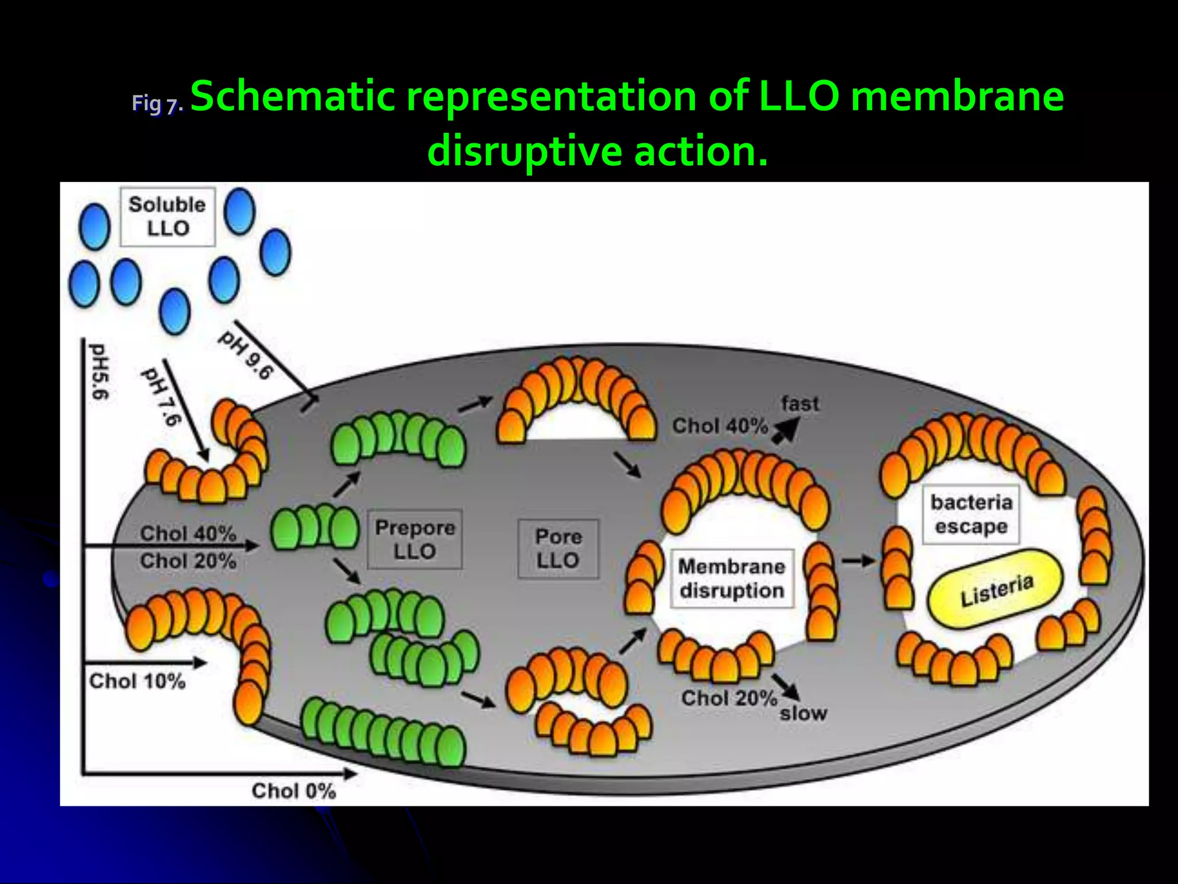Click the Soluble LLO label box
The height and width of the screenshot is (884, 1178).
tap(167, 217)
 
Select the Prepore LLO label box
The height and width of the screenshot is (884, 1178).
tap(415, 539)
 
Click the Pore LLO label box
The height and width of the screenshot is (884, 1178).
tap(558, 548)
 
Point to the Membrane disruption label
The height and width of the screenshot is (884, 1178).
tap(732, 578)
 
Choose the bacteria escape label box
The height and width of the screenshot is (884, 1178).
tap(971, 515)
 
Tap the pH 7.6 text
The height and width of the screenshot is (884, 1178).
tap(162, 396)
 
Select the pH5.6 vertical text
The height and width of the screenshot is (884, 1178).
tap(98, 372)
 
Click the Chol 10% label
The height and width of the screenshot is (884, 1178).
tap(137, 681)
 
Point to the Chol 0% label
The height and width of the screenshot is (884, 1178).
tap(293, 791)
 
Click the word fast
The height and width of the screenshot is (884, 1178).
tap(800, 404)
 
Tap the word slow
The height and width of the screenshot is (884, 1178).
tap(803, 714)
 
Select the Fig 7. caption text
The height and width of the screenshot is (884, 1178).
tap(156, 104)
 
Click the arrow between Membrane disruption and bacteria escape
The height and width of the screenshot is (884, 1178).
tap(858, 560)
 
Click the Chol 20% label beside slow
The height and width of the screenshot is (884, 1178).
tap(729, 698)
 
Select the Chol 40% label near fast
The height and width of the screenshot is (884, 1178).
tap(720, 426)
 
